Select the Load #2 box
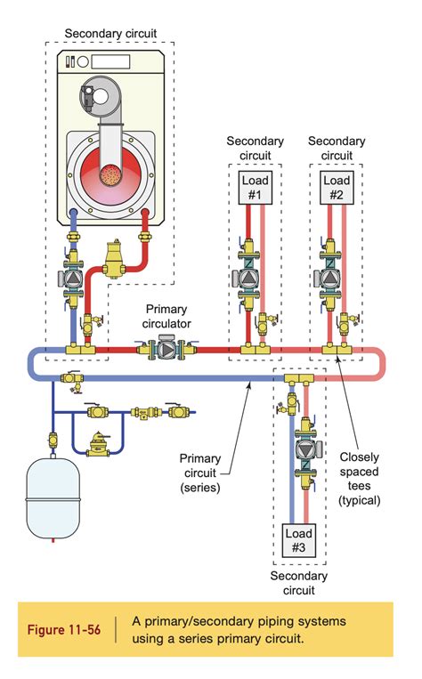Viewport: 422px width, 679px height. point(336,189)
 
